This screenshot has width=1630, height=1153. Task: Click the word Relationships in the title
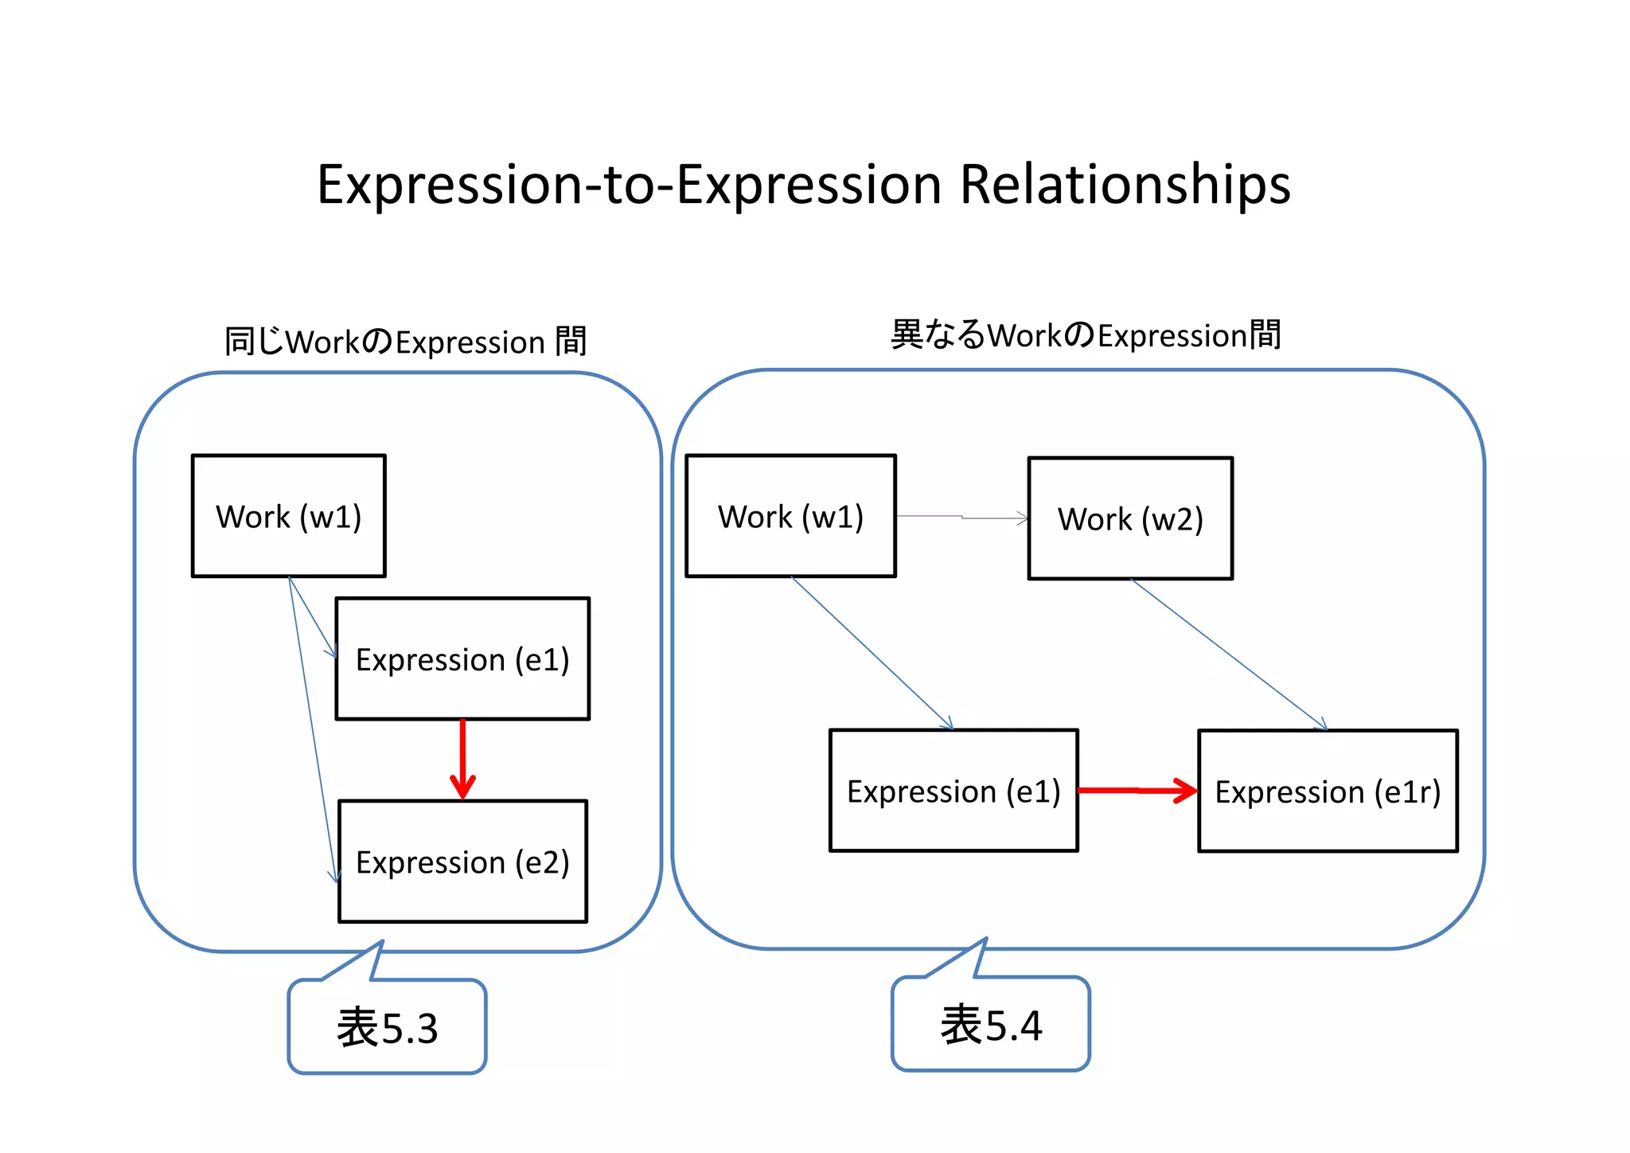point(1125,185)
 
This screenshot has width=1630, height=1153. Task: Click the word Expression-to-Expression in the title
point(629,185)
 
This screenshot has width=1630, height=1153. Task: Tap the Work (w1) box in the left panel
point(288,516)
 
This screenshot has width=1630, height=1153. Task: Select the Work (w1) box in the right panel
point(790,516)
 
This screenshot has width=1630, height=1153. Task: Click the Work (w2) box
point(1130,518)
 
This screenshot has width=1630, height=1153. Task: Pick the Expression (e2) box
point(462,862)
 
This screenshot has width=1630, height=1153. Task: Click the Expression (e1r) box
point(1328,791)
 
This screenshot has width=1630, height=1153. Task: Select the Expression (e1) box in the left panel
point(462,659)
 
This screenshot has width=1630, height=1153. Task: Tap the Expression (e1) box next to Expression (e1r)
point(953,791)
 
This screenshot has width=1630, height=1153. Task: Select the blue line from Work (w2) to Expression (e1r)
point(1230,655)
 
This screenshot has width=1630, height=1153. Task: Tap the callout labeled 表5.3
point(387,1026)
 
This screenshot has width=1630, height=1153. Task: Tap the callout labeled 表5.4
point(991,1024)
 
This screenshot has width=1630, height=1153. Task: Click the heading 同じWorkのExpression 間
point(405,342)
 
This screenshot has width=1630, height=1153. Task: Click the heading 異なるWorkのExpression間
point(1086,335)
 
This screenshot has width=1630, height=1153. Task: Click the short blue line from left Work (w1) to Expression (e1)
point(312,617)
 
